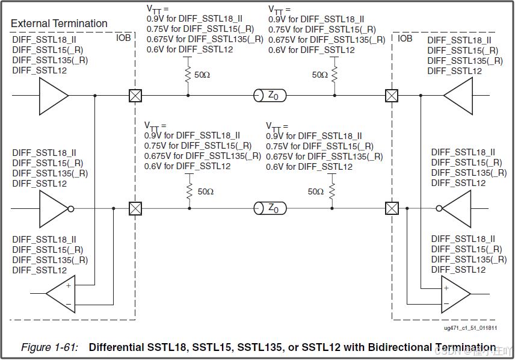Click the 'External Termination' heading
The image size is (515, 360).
click(x=59, y=23)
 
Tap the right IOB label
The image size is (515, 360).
click(x=406, y=38)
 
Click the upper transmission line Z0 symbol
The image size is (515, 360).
click(x=270, y=95)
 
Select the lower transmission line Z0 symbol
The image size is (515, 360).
click(x=270, y=208)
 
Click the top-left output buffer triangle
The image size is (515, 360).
click(x=53, y=95)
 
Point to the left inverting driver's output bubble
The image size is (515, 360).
click(x=71, y=209)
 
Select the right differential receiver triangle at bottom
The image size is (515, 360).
click(x=455, y=293)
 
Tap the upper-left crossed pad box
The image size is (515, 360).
click(x=135, y=95)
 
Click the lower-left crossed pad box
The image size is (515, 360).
click(x=135, y=208)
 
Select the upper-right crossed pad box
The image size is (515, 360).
click(x=392, y=95)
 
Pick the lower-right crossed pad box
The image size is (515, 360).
click(x=392, y=208)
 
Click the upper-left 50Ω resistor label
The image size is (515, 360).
click(x=202, y=75)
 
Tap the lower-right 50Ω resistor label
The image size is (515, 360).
click(x=316, y=191)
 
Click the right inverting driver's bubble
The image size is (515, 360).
click(x=439, y=209)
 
